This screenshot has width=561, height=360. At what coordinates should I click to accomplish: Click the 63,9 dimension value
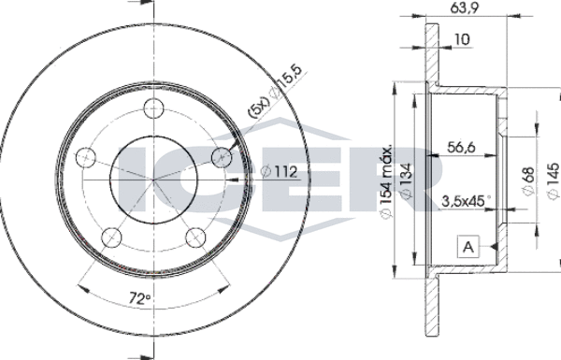[x=465, y=7]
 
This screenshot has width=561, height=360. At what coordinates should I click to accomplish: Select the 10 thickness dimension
[x=462, y=39]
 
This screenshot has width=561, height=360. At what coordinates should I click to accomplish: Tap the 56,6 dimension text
[x=461, y=147]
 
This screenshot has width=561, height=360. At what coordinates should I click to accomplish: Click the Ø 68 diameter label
[x=528, y=181]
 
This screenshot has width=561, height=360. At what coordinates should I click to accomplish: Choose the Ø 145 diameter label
[x=553, y=181]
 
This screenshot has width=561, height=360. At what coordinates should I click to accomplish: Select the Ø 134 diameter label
[x=406, y=180]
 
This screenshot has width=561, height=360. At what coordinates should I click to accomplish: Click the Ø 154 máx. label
[x=386, y=181]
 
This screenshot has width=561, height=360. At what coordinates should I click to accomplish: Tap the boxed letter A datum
[x=468, y=247]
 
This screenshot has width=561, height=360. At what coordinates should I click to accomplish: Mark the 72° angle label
[x=139, y=298]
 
